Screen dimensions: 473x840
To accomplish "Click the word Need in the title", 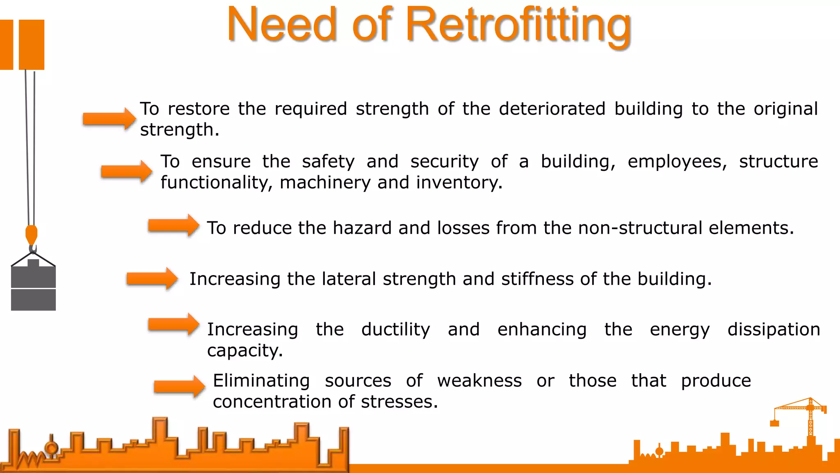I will pyautogui.click(x=282, y=25).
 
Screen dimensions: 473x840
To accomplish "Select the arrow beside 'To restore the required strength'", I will pyautogui.click(x=109, y=119).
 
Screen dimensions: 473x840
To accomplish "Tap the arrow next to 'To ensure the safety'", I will pyautogui.click(x=127, y=171).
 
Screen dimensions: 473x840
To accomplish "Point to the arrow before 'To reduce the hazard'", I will pyautogui.click(x=174, y=225).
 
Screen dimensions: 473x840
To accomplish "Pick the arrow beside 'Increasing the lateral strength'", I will pyautogui.click(x=152, y=279).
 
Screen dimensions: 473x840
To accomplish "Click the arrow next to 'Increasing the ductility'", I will pyautogui.click(x=174, y=325).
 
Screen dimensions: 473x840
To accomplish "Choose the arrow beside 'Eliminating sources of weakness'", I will pyautogui.click(x=180, y=386).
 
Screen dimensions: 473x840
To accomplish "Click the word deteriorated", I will pyautogui.click(x=552, y=109).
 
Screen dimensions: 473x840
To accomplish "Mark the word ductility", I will pyautogui.click(x=395, y=330).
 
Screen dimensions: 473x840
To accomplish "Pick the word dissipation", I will pyautogui.click(x=774, y=330).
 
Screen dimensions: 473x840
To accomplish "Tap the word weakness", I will pyautogui.click(x=479, y=381).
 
